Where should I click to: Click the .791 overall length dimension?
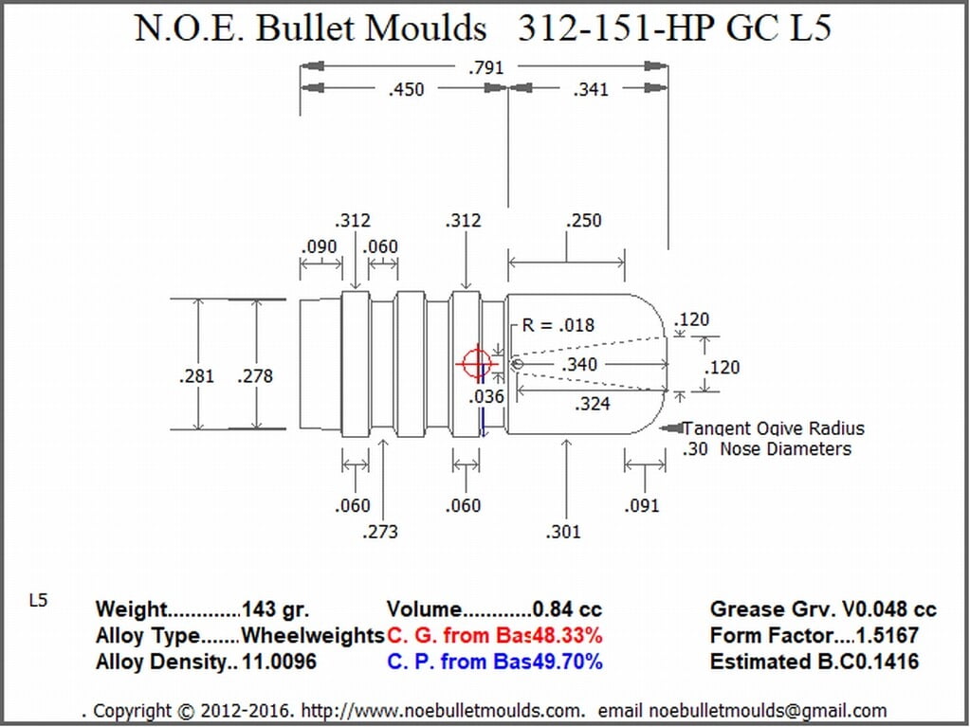[x=486, y=66]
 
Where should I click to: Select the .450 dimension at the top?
[x=407, y=90]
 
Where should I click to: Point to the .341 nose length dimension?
[x=591, y=90]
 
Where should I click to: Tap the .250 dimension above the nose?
[x=583, y=221]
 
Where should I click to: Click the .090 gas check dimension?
[x=320, y=247]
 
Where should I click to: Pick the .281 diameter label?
[x=196, y=376]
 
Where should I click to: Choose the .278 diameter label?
[x=255, y=376]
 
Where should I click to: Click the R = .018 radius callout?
[x=558, y=325]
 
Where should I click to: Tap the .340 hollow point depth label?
[x=579, y=365]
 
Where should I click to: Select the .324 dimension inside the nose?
[x=592, y=405]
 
